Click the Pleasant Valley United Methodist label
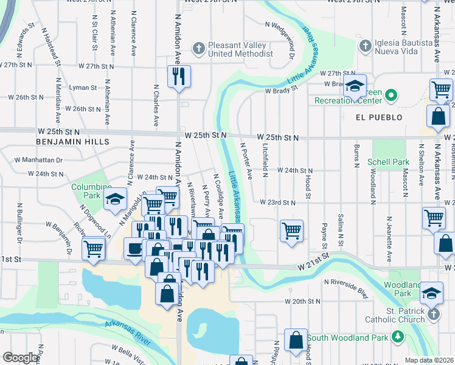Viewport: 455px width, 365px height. point(240,49)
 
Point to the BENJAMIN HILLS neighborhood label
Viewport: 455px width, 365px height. point(72,141)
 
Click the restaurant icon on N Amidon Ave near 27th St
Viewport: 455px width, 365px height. point(178,77)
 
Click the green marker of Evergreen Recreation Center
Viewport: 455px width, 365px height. point(391,96)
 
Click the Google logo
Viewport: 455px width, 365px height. point(20,358)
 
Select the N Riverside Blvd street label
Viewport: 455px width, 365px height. point(347,287)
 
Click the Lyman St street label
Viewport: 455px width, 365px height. point(80,88)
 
